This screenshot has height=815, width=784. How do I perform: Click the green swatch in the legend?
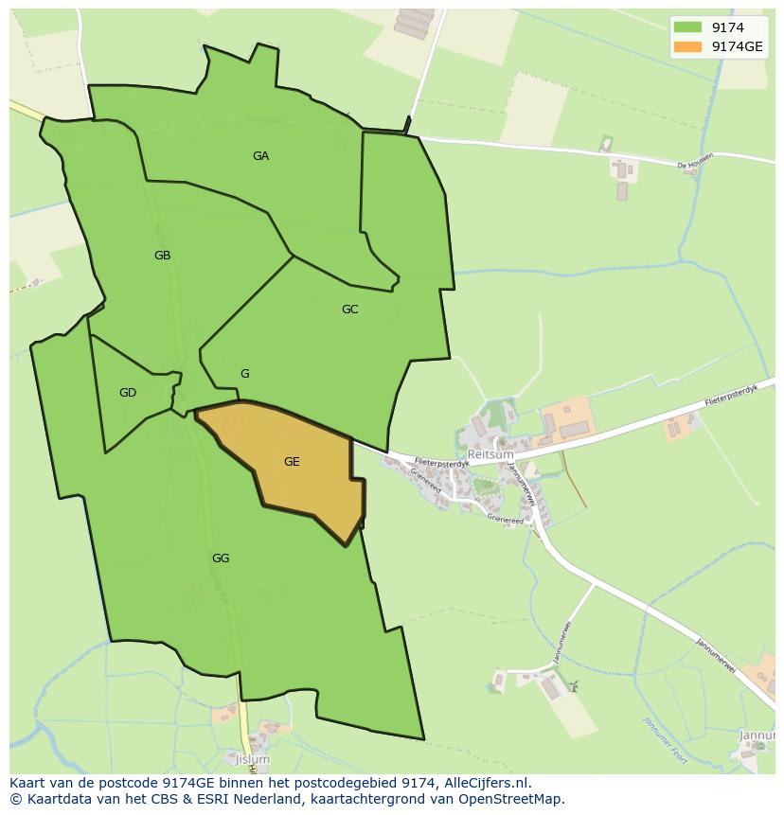pos(688,27)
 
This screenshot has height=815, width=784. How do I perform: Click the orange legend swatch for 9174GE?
pos(688,46)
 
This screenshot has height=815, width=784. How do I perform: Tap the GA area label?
pos(260,156)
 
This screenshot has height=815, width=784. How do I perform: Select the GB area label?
pos(162,255)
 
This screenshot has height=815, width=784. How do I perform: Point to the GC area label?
pos(349,310)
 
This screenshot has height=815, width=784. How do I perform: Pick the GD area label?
pos(128,393)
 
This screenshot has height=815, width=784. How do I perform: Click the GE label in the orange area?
pos(292,462)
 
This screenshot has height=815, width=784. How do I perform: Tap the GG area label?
pos(221,558)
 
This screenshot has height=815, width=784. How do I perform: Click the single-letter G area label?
pos(244,374)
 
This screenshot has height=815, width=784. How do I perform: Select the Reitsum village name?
pos(490,455)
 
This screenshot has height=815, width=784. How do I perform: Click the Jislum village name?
pos(253,760)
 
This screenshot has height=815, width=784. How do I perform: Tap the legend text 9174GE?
pos(738,46)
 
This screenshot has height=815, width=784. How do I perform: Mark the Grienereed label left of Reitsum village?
pos(427,476)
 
